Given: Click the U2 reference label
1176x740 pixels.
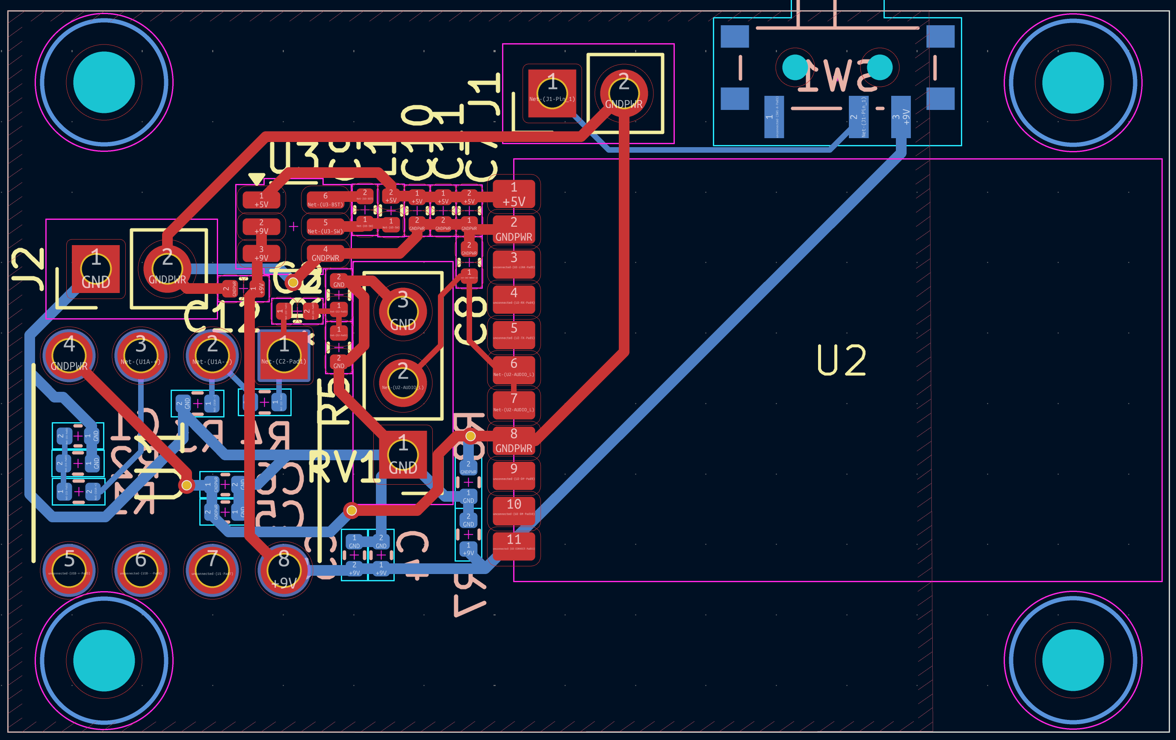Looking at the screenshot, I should click(x=841, y=361).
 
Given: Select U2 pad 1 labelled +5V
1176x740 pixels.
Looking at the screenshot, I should click(x=514, y=194).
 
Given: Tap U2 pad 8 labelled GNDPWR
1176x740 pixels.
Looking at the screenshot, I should click(x=514, y=441).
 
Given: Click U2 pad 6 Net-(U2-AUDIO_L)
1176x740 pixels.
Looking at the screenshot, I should click(x=514, y=369).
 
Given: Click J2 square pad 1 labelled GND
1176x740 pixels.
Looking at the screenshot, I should click(x=96, y=269).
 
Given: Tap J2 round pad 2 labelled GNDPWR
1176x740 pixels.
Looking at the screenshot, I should click(x=167, y=269).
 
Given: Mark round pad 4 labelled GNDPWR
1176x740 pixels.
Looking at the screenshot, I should click(x=69, y=355).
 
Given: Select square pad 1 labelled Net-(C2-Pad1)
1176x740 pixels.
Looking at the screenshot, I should click(x=284, y=355).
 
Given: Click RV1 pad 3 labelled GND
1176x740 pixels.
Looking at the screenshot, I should click(x=403, y=312).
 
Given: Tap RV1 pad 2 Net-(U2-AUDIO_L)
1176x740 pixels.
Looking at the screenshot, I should click(x=403, y=382).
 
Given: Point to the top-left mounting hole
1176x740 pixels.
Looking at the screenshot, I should click(x=104, y=82).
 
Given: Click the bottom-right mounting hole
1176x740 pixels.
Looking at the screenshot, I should click(x=1073, y=660).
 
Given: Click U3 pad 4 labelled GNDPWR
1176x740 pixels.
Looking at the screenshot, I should click(x=325, y=254).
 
